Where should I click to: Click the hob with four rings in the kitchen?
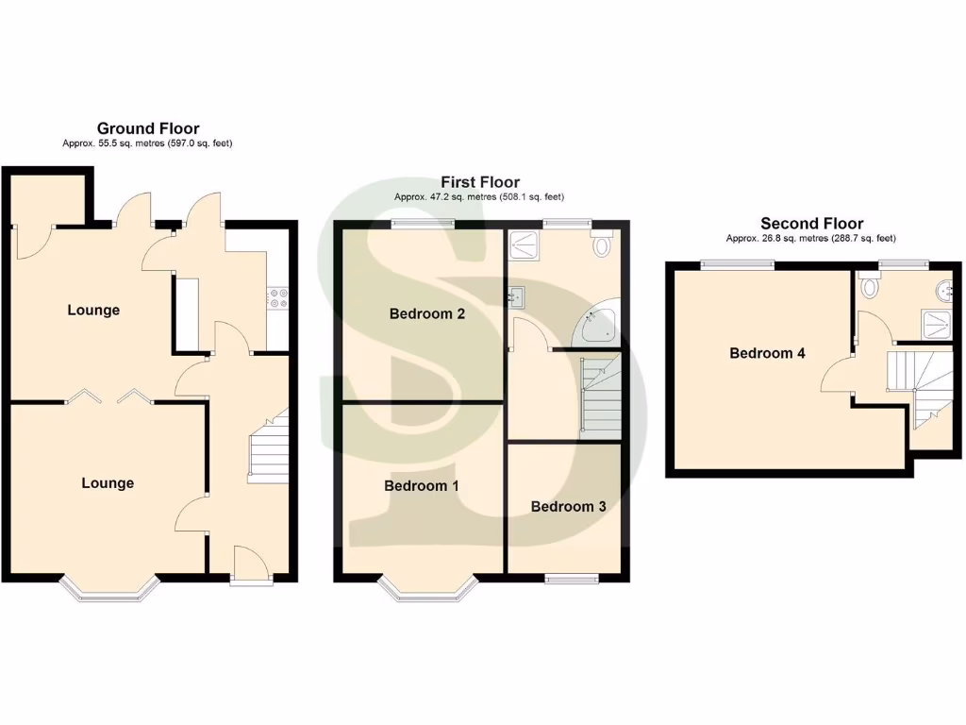coord(279,298)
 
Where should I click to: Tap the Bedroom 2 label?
coord(426,314)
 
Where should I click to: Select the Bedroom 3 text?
coord(568,507)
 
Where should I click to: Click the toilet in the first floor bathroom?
coord(602,244)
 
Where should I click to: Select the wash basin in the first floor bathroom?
coord(515,297)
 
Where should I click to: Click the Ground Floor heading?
coord(148,128)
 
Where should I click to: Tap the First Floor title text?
coord(480,182)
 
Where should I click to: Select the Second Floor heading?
coord(812,224)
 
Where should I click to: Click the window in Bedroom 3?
coord(572,578)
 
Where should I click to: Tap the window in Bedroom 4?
coord(737,264)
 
